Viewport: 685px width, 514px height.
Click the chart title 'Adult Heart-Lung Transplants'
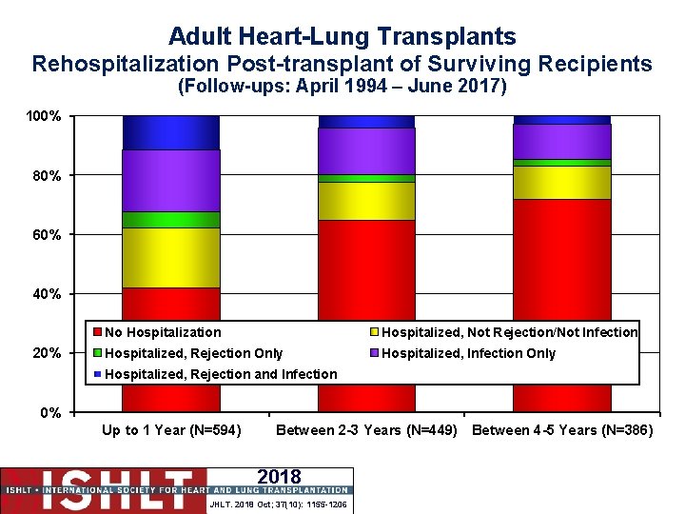coord(342,36)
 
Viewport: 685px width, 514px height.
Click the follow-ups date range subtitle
coord(342,88)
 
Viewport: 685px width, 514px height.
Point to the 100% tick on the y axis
coord(45,116)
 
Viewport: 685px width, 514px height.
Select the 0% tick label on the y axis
coord(50,412)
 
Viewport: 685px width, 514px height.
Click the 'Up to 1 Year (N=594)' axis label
coord(171,430)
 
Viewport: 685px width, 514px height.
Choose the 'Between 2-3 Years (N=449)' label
coord(367,430)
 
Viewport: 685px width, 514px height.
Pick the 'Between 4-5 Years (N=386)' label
coord(562,430)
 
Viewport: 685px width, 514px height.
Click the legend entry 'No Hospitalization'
coord(162,332)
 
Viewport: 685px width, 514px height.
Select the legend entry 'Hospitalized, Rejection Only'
coord(193,353)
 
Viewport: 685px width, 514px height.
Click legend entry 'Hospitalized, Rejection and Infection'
coord(220,374)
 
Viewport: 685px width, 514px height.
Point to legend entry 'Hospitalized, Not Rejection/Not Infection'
coord(509,332)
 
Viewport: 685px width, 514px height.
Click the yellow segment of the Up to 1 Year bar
coord(171,258)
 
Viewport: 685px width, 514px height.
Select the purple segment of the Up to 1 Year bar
coord(171,181)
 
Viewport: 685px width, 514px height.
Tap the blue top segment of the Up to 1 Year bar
coord(171,132)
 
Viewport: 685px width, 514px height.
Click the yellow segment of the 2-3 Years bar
coord(367,201)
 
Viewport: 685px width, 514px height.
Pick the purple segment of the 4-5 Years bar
coord(562,141)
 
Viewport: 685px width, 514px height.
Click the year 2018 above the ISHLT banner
coord(279,477)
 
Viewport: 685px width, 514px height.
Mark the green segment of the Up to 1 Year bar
coord(171,220)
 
